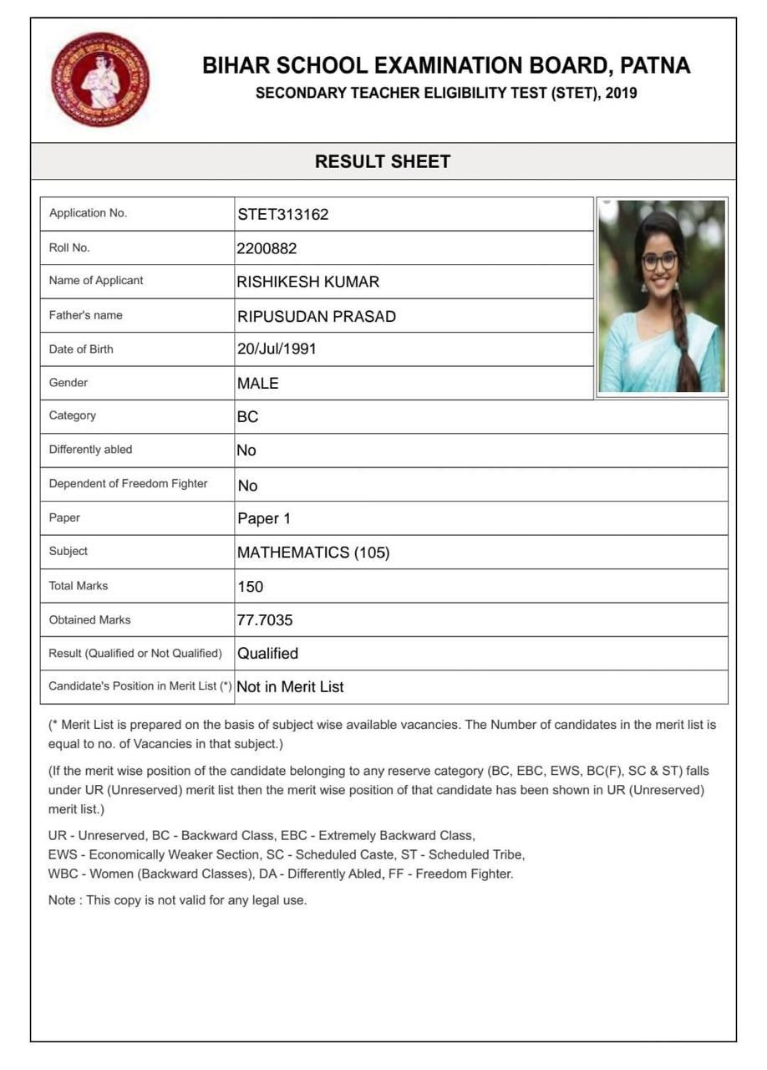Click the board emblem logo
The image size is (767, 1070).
[100, 79]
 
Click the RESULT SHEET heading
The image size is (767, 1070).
[383, 161]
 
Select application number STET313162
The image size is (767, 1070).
[283, 214]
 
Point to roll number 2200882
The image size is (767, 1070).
[267, 248]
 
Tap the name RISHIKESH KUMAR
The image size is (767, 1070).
[308, 282]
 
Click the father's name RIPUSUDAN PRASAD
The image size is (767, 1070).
[317, 316]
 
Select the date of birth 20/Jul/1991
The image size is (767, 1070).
[277, 349]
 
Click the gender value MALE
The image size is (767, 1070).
[258, 383]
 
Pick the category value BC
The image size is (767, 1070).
[248, 416]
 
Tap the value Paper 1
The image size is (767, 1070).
[264, 518]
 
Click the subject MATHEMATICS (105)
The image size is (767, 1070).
[313, 553]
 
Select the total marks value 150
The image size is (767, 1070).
[251, 587]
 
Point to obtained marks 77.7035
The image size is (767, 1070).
[265, 620]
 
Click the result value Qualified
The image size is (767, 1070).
[268, 654]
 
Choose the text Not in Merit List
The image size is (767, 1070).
[291, 687]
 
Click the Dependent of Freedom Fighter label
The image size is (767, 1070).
[129, 483]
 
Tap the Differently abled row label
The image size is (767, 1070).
[91, 450]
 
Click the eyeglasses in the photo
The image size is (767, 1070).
[660, 261]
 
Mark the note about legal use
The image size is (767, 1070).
[178, 900]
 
